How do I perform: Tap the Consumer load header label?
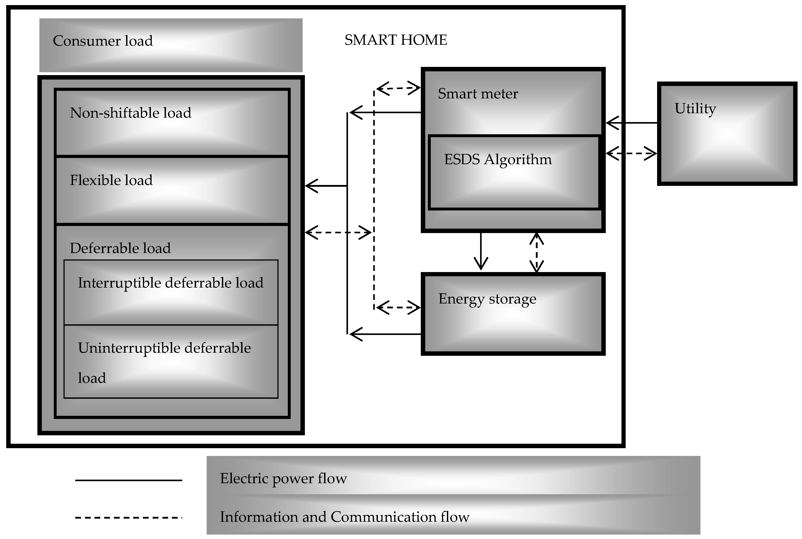tap(103, 41)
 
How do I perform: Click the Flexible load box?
tap(172, 190)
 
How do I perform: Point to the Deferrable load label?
tap(120, 248)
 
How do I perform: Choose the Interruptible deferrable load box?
tap(171, 292)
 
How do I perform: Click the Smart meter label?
tap(478, 93)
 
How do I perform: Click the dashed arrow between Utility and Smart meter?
tap(631, 153)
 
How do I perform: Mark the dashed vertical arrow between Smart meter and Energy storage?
tap(536, 253)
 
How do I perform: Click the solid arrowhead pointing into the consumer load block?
tap(312, 186)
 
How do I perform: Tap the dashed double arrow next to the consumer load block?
tap(338, 232)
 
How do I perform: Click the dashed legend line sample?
tap(128, 517)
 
